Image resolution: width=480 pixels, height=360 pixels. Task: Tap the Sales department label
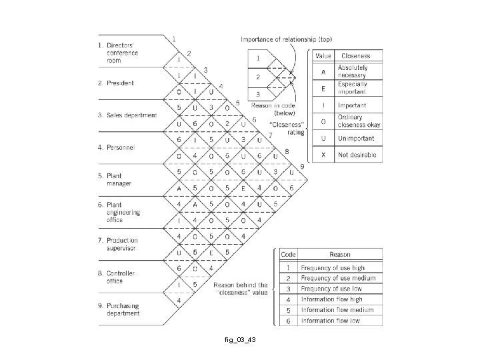point(131,115)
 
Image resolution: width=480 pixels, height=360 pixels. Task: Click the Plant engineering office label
point(124,212)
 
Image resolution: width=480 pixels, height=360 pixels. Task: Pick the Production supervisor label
point(123,243)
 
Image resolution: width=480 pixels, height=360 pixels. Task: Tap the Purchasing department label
point(123,309)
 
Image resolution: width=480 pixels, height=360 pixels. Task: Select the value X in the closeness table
point(323,155)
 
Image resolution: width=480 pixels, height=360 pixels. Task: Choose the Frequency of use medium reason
point(338,277)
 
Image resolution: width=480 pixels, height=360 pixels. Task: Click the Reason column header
point(340,255)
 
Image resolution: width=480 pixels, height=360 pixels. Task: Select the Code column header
point(288,255)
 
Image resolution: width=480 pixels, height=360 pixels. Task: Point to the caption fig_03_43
point(239,341)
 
